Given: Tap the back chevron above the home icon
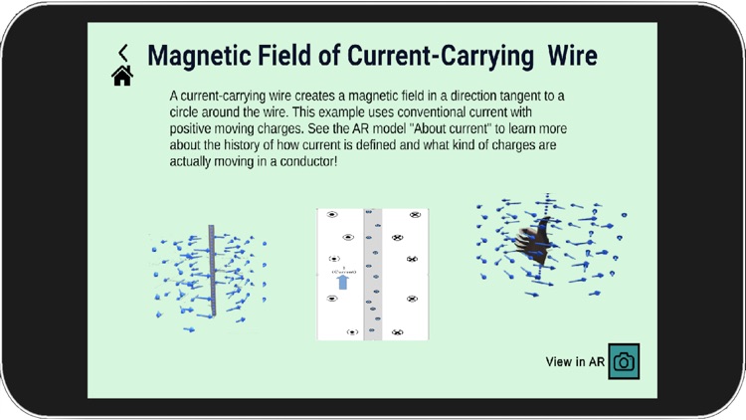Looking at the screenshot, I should coord(123,53).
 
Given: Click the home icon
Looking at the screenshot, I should coord(122,76).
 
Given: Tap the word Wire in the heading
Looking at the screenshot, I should coord(572,56).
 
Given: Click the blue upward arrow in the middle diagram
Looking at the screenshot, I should coord(342,283).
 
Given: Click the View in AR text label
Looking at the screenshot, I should coord(575,362).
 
